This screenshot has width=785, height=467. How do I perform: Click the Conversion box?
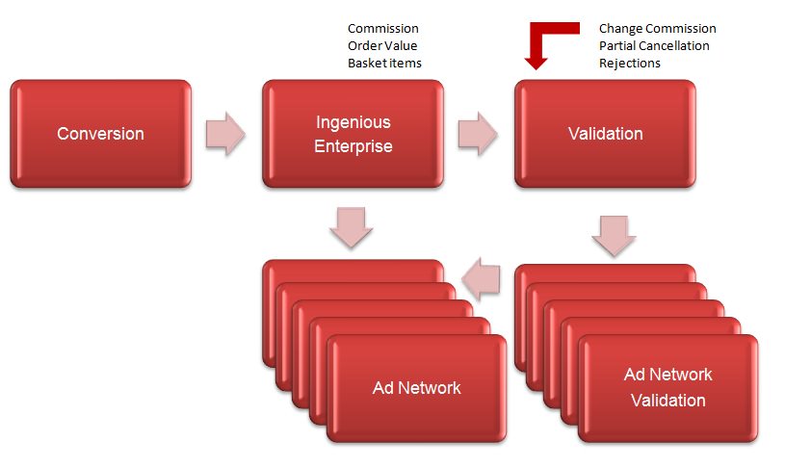click(x=100, y=134)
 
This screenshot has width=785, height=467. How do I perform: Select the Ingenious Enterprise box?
click(x=353, y=134)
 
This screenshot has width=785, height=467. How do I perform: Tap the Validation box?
click(x=605, y=134)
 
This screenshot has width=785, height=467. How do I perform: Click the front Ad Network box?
click(x=416, y=388)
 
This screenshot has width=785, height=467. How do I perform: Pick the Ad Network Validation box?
click(x=668, y=388)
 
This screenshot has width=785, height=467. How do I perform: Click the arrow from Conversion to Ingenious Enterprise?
click(x=225, y=134)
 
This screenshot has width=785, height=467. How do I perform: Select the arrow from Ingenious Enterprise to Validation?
click(x=478, y=134)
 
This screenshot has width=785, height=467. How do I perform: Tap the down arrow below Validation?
click(x=614, y=236)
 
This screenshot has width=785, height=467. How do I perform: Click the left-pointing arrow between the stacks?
click(x=481, y=279)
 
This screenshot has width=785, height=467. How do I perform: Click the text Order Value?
click(x=382, y=45)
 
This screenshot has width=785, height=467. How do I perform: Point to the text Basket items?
click(x=384, y=63)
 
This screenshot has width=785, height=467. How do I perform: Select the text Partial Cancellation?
click(x=654, y=45)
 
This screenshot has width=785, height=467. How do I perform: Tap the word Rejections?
click(x=630, y=64)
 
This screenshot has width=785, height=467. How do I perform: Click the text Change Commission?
click(x=658, y=29)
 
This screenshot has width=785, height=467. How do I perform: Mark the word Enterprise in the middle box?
click(x=353, y=146)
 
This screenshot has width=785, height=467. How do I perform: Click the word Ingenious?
click(x=353, y=122)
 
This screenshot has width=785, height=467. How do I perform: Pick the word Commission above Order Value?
click(x=383, y=29)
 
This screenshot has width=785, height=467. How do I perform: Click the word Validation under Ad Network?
click(x=668, y=401)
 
